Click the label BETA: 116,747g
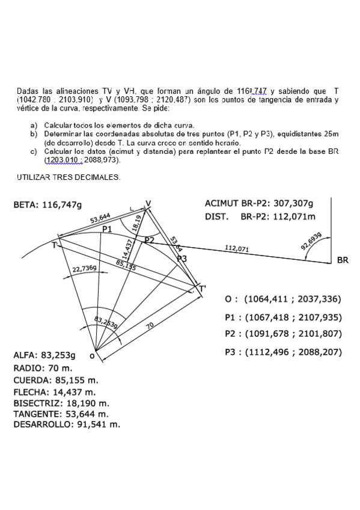[x=47, y=205]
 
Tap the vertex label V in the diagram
[x=149, y=202]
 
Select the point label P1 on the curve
[x=107, y=229]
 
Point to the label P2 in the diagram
[x=149, y=241]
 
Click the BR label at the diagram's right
[x=343, y=260]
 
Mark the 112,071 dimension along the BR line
[x=237, y=248]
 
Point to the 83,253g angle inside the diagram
[x=106, y=323]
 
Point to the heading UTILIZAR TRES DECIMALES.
[x=69, y=177]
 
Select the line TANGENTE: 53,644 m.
[x=61, y=414]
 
